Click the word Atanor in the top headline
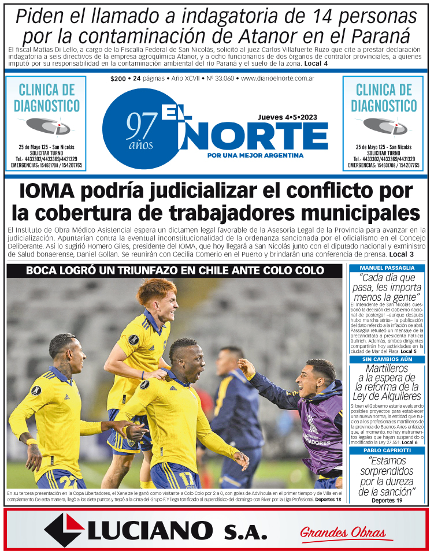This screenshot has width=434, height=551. (x=324, y=36)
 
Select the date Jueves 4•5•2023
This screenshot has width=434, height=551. (x=287, y=117)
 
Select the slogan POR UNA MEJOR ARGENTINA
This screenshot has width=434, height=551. (x=255, y=155)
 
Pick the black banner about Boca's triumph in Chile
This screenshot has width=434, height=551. (x=175, y=270)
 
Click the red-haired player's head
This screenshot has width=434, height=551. (x=157, y=297)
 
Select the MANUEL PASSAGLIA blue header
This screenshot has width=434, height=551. (x=387, y=268)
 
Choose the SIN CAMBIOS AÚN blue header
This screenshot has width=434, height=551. (x=387, y=359)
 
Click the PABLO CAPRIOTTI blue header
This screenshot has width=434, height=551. (x=387, y=450)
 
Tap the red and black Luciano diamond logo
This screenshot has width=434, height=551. (x=64, y=530)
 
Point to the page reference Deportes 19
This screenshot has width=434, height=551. (x=387, y=500)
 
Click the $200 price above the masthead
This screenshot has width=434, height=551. (x=118, y=78)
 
